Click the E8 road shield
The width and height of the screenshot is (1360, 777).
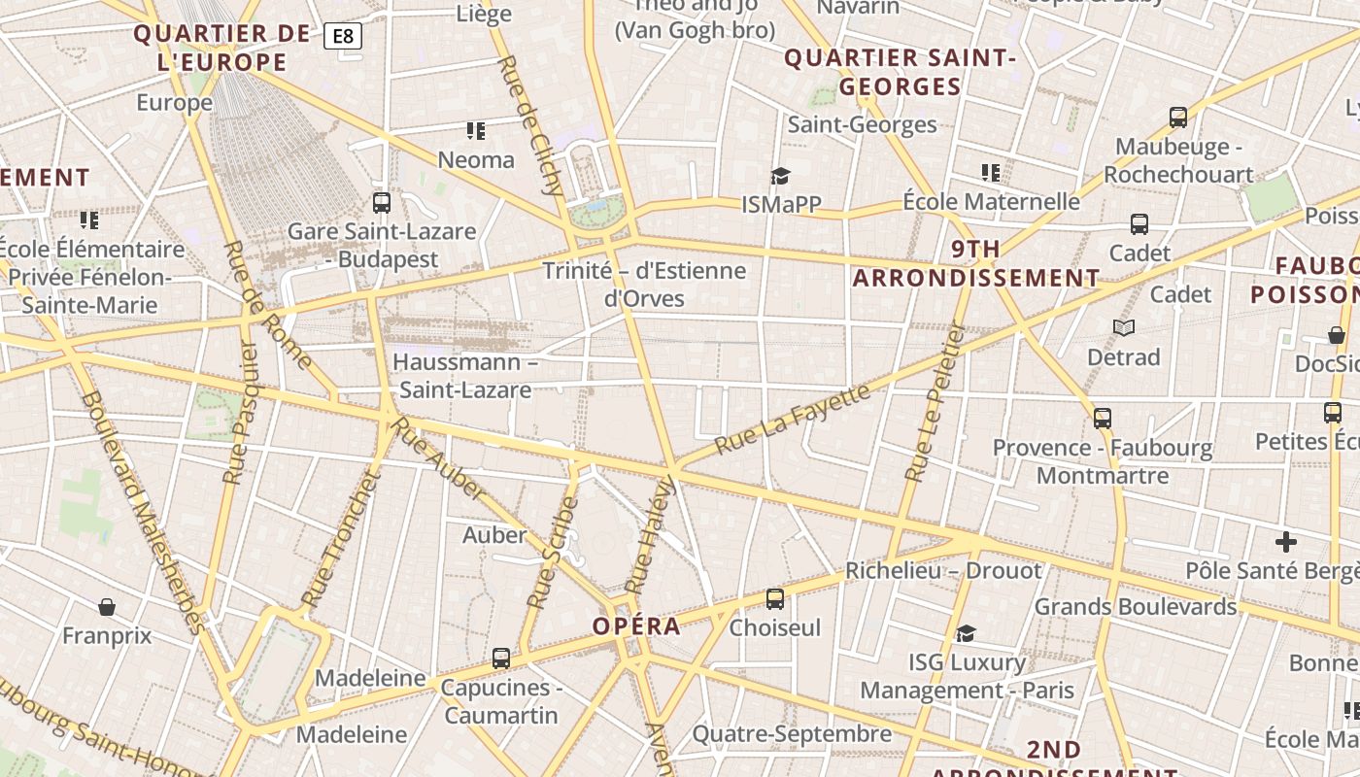343,37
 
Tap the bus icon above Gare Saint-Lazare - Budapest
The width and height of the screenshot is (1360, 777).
382,203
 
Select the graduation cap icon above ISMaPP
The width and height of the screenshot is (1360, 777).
780,176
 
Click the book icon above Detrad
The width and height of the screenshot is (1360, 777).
1124,328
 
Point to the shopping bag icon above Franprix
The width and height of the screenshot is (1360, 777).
107,607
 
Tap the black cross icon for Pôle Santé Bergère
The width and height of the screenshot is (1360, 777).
1286,542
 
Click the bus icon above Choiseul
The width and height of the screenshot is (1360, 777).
774,598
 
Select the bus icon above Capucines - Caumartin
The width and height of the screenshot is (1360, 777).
501,659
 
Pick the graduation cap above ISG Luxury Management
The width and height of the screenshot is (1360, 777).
966,634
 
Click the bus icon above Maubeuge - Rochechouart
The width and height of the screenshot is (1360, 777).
1178,118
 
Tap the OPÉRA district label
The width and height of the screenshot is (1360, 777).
637,626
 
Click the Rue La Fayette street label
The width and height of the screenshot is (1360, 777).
792,420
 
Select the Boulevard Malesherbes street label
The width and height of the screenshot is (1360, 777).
144,512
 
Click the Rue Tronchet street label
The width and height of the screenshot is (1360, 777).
337,540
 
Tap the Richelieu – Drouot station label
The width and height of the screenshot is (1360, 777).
942,570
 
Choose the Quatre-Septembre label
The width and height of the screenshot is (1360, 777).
791,733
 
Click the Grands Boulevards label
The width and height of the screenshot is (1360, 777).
1135,607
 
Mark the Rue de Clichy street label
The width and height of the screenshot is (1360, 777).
529,125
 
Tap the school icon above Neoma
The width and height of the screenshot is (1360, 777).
476,130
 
